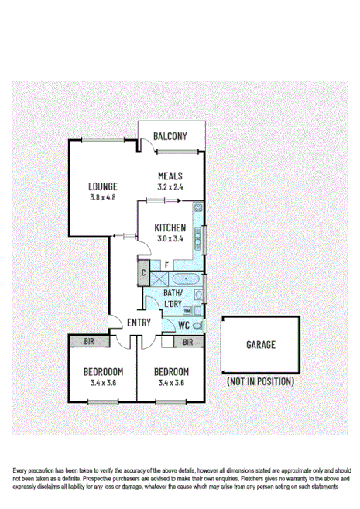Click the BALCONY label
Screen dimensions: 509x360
click(x=170, y=137)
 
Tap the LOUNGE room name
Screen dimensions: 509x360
click(x=102, y=186)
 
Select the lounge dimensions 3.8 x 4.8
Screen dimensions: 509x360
click(x=102, y=198)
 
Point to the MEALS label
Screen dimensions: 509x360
click(x=170, y=176)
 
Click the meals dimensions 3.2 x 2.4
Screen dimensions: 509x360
click(x=170, y=187)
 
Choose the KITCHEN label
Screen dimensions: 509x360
click(x=170, y=227)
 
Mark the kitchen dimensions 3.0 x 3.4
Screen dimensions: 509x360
click(x=170, y=239)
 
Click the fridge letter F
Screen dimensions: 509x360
click(x=166, y=265)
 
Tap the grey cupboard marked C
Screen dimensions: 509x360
click(x=143, y=272)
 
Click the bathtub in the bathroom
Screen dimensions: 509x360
click(x=182, y=280)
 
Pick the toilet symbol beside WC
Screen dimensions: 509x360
click(x=197, y=326)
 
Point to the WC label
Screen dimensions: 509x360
click(x=184, y=325)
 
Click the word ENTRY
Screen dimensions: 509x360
click(x=139, y=323)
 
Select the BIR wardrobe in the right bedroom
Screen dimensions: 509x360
click(x=186, y=341)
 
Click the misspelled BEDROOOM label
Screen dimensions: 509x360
click(x=103, y=371)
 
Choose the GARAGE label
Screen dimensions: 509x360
click(x=260, y=345)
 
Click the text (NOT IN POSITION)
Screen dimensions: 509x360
click(x=260, y=382)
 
